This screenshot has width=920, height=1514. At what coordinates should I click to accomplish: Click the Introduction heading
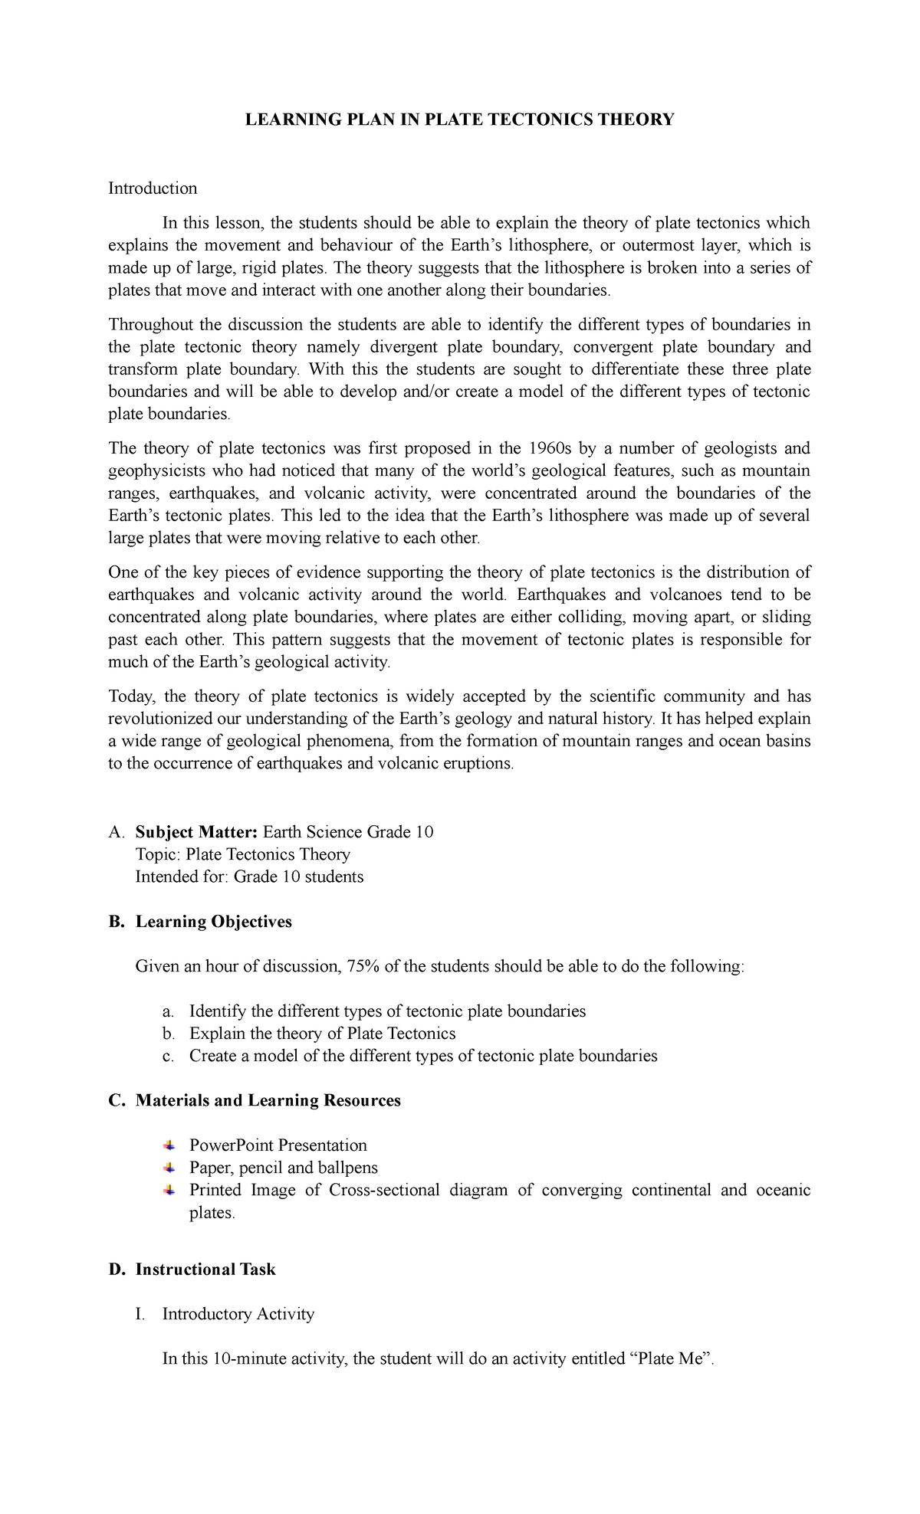pos(153,188)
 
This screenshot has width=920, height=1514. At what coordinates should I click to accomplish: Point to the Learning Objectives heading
pos(214,922)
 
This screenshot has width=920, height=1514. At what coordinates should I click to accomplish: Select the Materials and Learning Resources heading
pos(268,1101)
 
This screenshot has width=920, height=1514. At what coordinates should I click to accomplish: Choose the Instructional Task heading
pos(205,1270)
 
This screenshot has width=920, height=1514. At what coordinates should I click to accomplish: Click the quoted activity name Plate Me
pos(672,1359)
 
